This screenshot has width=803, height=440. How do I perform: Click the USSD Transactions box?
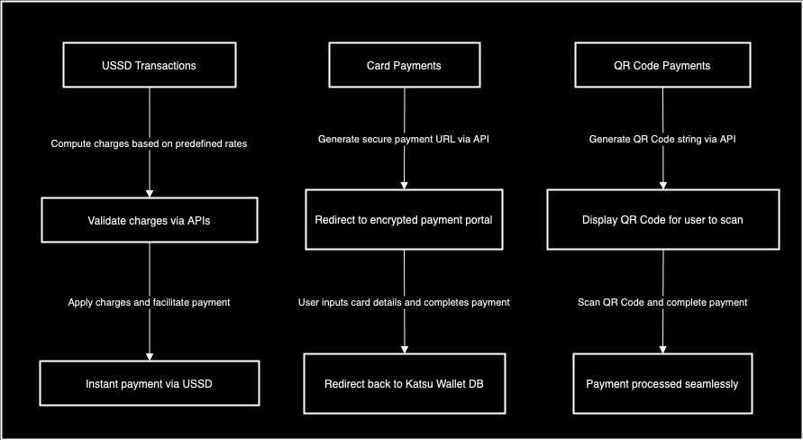150,66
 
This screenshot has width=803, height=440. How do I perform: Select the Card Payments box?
404,66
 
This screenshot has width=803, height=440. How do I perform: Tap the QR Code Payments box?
662,66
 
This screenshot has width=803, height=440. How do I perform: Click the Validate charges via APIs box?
150,220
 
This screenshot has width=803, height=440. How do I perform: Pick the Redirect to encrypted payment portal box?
404,220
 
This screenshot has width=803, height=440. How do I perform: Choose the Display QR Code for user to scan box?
662,220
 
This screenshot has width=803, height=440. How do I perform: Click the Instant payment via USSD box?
150,383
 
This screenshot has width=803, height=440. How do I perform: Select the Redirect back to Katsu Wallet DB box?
404,383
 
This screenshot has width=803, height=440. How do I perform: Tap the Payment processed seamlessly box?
662,383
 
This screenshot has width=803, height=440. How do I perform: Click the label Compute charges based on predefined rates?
150,143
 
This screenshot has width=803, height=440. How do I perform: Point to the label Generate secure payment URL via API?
404,140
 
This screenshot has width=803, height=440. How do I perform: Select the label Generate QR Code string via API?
662,140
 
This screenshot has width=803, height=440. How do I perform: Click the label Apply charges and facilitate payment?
150,302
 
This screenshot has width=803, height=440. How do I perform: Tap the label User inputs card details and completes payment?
404,302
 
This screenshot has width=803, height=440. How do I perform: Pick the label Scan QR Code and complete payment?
662,302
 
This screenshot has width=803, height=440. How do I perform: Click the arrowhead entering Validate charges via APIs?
150,192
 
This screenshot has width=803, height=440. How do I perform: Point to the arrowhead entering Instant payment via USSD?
150,355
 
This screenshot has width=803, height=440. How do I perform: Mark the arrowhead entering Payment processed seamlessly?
662,349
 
